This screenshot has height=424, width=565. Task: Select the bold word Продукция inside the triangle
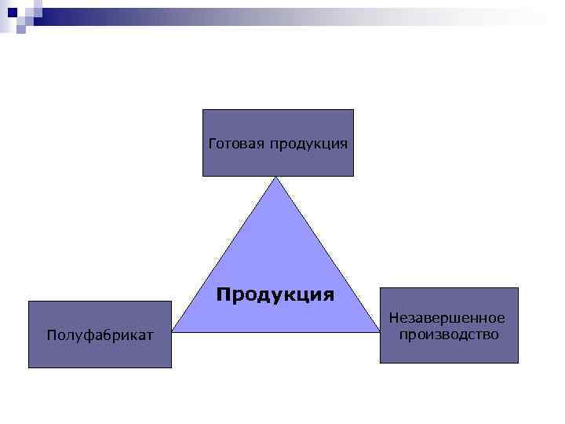[275, 295]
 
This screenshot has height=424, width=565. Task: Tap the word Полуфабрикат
[100, 336]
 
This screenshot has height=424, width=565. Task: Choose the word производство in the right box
[448, 334]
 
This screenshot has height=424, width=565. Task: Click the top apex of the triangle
[276, 176]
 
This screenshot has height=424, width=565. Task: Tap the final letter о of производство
[494, 335]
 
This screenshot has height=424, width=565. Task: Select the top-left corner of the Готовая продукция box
[203, 110]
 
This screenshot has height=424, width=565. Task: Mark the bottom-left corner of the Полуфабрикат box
[29, 367]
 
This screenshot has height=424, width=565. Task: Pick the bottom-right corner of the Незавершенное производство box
[518, 363]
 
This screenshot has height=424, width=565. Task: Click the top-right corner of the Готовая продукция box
[353, 110]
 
